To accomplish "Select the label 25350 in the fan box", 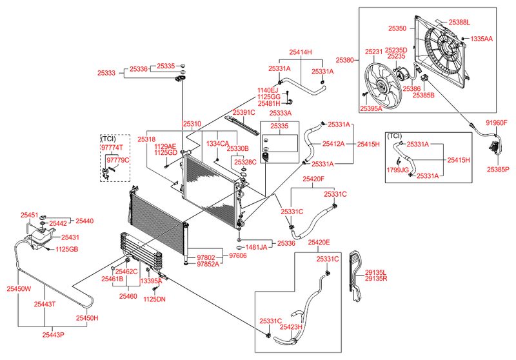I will click(397, 28).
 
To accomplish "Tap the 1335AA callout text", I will click(481, 39).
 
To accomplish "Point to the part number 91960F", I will click(497, 122).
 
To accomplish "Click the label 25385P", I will click(497, 170).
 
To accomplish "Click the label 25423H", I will click(291, 327).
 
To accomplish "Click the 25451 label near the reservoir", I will click(30, 215).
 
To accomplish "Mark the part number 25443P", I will click(54, 335).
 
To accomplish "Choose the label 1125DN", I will click(154, 299).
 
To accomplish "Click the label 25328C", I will click(246, 161).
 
